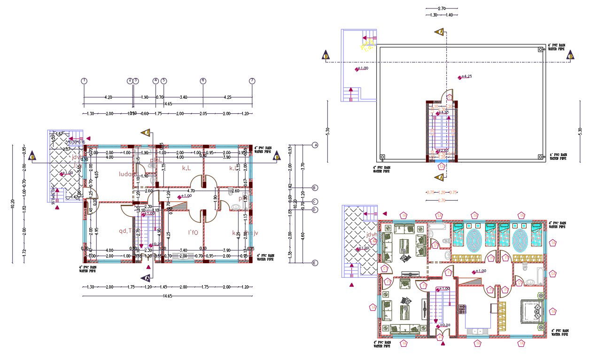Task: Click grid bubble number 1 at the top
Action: pos(84,81)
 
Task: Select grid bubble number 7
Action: pos(252,81)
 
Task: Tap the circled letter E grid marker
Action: pos(315,263)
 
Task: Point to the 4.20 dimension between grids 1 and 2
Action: pos(108,97)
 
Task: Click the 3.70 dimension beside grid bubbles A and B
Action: pos(303,165)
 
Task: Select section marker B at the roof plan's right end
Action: pos(571,56)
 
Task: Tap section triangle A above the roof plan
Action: pos(440,32)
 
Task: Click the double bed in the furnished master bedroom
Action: pos(530,311)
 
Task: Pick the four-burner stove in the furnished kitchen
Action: pos(462,309)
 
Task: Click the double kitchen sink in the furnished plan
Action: pos(478,332)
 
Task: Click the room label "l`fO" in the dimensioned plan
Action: pos(193,233)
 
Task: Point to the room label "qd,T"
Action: pos(125,230)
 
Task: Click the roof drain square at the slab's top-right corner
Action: pos(540,49)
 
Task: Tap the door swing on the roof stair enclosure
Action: pos(448,95)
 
